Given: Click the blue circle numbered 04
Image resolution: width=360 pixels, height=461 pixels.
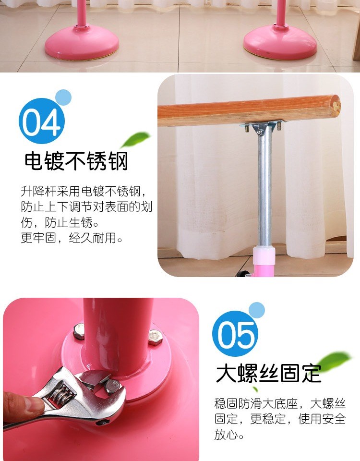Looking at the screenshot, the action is [x=41, y=121].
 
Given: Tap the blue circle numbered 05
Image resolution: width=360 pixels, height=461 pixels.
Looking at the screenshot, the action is [x=235, y=334].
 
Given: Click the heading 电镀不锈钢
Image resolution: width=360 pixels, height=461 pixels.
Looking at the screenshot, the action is [x=76, y=161].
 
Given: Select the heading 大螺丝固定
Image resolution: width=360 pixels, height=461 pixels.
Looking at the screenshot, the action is [x=269, y=374].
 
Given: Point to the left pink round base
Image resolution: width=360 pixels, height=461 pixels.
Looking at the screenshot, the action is [x=82, y=43].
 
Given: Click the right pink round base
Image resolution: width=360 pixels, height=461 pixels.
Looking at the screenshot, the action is [x=280, y=43].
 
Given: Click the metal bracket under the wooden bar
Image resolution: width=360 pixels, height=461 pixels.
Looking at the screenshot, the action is [x=261, y=127].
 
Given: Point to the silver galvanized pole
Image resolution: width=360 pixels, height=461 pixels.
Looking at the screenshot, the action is [x=264, y=188].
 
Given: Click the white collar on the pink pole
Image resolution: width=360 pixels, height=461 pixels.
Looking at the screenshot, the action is [x=264, y=255].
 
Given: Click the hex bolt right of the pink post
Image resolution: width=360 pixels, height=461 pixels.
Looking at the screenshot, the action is [x=155, y=338].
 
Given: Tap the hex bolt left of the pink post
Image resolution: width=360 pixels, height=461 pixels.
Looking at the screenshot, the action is [x=78, y=331].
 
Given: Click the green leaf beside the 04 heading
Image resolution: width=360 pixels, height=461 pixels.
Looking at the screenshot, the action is [x=135, y=139].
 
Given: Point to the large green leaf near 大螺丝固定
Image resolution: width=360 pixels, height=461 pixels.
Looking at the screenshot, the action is [x=334, y=361].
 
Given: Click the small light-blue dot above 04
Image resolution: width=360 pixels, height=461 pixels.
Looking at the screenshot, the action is [x=63, y=97].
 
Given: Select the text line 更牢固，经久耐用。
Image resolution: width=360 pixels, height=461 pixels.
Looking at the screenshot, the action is [x=72, y=238].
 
